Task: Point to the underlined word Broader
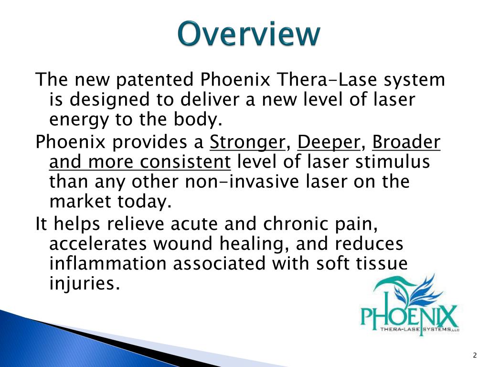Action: coord(406,142)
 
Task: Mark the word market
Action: coord(78,202)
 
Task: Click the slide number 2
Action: coord(474,355)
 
